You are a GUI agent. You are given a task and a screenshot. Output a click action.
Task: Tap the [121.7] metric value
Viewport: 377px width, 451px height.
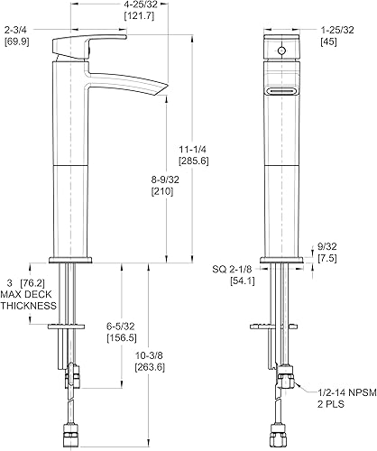click(139, 16)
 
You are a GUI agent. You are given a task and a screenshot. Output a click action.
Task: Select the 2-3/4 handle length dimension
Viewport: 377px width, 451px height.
click(16, 30)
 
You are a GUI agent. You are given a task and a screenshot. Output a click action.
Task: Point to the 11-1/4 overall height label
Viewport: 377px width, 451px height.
click(193, 150)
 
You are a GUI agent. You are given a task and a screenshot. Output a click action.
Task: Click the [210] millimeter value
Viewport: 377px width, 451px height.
click(162, 191)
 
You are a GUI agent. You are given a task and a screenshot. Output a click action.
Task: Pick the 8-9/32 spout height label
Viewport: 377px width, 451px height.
click(165, 179)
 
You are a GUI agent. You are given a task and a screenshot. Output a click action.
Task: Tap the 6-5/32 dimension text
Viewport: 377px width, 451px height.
click(121, 327)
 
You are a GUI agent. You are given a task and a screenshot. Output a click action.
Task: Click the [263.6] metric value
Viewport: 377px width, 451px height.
click(150, 367)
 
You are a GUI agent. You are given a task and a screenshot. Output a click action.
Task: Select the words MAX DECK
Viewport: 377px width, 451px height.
click(26, 294)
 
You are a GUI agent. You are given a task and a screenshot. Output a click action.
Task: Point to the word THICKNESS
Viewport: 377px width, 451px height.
click(28, 306)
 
